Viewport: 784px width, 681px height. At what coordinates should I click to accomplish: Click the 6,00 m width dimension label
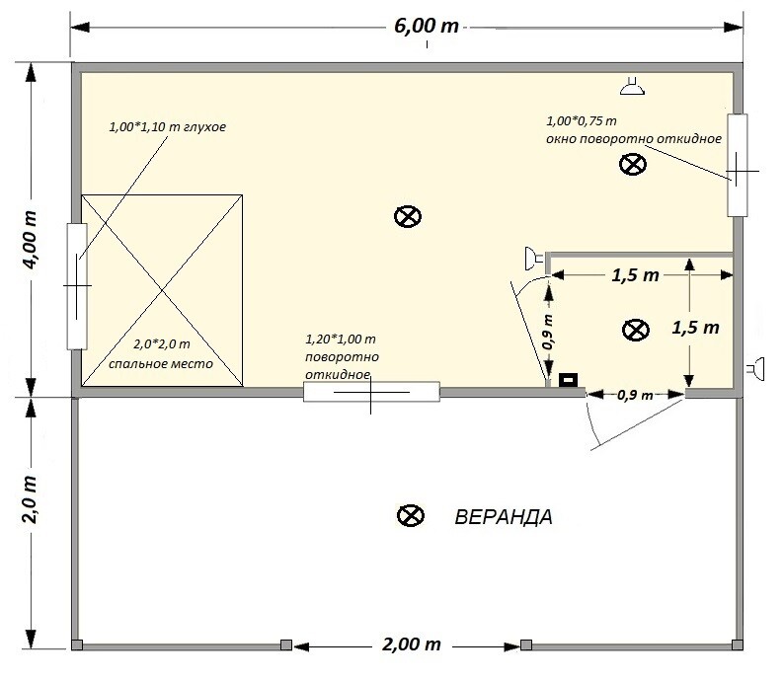426,26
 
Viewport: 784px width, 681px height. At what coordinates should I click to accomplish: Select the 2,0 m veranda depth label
30,499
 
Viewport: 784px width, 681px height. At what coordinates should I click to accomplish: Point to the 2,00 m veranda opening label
412,644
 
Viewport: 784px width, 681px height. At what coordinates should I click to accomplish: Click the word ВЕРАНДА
504,517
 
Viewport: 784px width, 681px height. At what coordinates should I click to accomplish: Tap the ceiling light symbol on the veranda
411,515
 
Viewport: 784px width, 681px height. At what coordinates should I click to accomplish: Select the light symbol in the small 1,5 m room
636,330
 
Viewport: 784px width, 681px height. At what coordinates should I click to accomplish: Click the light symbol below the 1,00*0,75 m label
633,165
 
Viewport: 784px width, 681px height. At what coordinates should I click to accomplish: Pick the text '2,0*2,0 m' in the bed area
162,344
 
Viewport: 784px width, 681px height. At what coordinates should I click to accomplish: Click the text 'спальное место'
161,364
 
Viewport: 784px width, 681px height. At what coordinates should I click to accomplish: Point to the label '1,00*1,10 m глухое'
168,127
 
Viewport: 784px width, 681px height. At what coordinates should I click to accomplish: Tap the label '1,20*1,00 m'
341,340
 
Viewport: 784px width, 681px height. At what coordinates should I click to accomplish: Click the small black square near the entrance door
568,380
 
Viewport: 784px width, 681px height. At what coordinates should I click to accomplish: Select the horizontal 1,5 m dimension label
636,274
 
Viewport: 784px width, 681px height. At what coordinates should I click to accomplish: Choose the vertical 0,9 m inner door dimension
548,332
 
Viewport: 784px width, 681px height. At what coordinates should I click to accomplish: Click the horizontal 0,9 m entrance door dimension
635,395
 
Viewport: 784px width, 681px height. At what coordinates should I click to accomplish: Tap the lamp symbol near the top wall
633,86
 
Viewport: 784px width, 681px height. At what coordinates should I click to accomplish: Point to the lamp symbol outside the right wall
756,369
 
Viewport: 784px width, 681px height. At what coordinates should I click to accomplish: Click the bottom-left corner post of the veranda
76,644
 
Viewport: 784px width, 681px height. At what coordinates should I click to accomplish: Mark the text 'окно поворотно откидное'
634,138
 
